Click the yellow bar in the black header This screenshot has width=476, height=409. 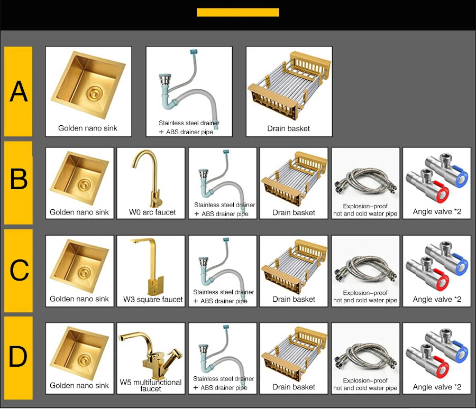tap(237, 13)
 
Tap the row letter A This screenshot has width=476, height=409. tap(19, 91)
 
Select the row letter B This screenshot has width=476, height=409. tap(19, 179)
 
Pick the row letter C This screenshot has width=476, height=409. tap(19, 270)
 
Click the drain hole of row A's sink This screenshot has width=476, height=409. tap(95, 92)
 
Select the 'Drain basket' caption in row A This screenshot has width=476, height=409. tap(288, 128)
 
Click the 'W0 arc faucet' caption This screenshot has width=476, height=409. tap(152, 212)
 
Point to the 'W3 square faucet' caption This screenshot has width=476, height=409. tap(153, 300)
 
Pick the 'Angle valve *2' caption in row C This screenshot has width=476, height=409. tap(437, 300)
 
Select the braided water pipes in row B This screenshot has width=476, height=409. tap(365, 181)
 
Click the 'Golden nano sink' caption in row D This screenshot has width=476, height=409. tap(79, 386)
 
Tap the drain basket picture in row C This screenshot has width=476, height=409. tap(294, 267)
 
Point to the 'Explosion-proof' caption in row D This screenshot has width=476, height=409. tap(365, 380)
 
